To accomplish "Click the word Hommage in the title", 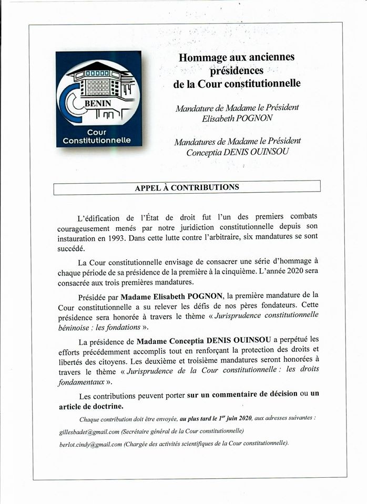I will tap(202, 57).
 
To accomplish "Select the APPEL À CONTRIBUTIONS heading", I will tap(187, 187).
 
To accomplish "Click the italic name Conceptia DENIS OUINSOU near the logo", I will tap(237, 153).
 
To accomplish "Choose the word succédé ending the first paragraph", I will tap(72, 248).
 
